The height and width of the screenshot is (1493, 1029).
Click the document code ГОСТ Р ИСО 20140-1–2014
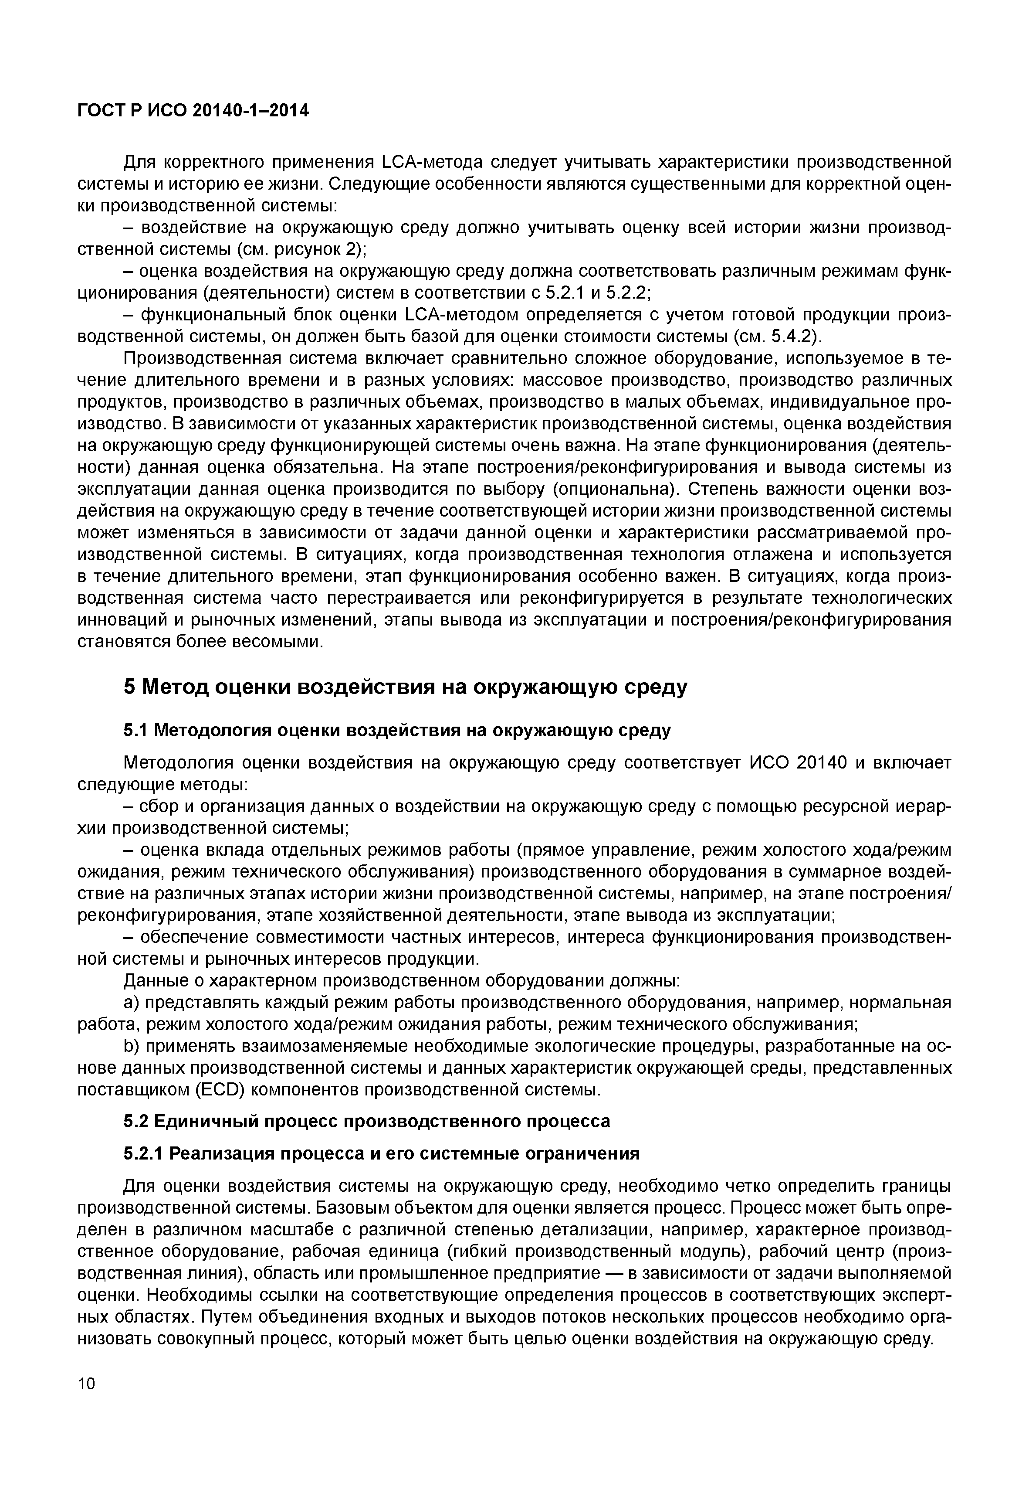pos(193,111)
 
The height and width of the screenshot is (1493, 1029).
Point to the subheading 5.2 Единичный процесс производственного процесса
pos(366,1121)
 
